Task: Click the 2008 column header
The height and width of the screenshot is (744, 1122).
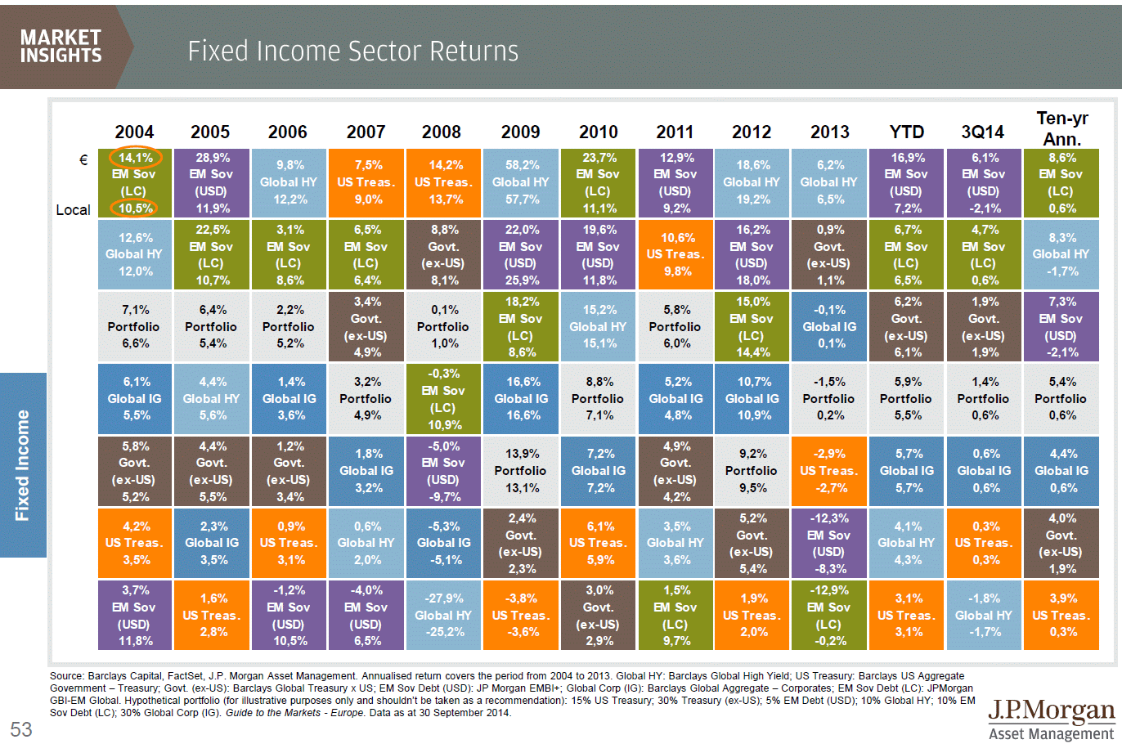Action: tap(441, 132)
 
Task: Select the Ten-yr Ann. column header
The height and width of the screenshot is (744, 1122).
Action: tap(1061, 128)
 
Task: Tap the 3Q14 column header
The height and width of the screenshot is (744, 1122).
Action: tap(982, 132)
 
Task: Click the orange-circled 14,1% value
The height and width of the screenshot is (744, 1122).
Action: tap(135, 158)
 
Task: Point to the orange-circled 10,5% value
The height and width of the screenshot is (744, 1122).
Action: tap(135, 208)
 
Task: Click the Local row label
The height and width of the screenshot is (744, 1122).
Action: tap(73, 210)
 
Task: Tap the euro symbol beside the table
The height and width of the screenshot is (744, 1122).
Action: tap(83, 160)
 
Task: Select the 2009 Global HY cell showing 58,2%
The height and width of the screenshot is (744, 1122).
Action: tap(521, 182)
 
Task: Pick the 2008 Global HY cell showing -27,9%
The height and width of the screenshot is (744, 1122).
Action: tap(443, 615)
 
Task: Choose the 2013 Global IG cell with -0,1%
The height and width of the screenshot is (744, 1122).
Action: tap(828, 326)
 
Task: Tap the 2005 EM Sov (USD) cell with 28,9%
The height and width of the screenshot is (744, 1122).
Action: tap(211, 182)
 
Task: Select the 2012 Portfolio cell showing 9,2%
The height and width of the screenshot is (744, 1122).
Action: tap(752, 471)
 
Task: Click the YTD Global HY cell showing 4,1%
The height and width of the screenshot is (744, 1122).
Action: tap(906, 543)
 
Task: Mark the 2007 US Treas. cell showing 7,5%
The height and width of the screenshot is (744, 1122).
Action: tap(366, 182)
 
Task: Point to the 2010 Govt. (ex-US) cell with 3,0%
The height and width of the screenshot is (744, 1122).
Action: tap(598, 615)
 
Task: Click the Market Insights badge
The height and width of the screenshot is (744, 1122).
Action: tap(61, 47)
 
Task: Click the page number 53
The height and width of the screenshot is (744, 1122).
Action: tap(21, 728)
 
